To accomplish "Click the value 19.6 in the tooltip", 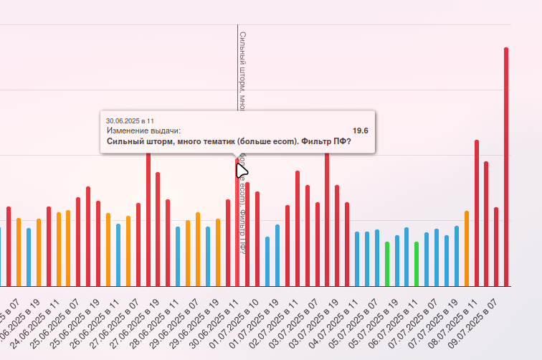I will pyautogui.click(x=361, y=131).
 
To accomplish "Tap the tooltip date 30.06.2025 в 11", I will pyautogui.click(x=130, y=120).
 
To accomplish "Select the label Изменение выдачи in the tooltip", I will pyautogui.click(x=143, y=131).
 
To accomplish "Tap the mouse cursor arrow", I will pyautogui.click(x=242, y=171).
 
